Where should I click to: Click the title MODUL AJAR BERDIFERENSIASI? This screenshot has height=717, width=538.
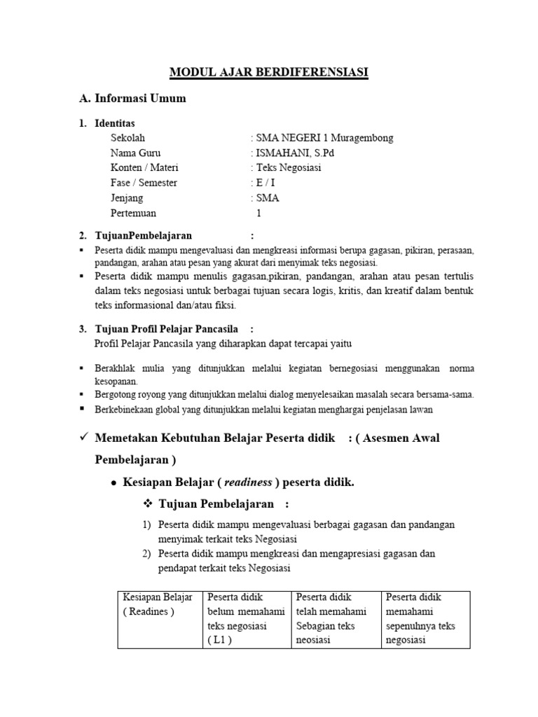point(270,71)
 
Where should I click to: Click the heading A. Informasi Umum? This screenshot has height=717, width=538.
point(132,99)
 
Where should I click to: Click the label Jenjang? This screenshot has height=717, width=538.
point(126,198)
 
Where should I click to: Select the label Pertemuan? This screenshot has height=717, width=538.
point(133,213)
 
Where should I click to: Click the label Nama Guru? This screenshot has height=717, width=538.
point(135,153)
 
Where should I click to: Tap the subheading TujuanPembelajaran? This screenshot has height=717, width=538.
point(143,235)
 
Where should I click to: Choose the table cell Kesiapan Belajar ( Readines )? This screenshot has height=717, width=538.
point(158,604)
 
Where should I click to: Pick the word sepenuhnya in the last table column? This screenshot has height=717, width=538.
point(411,626)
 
